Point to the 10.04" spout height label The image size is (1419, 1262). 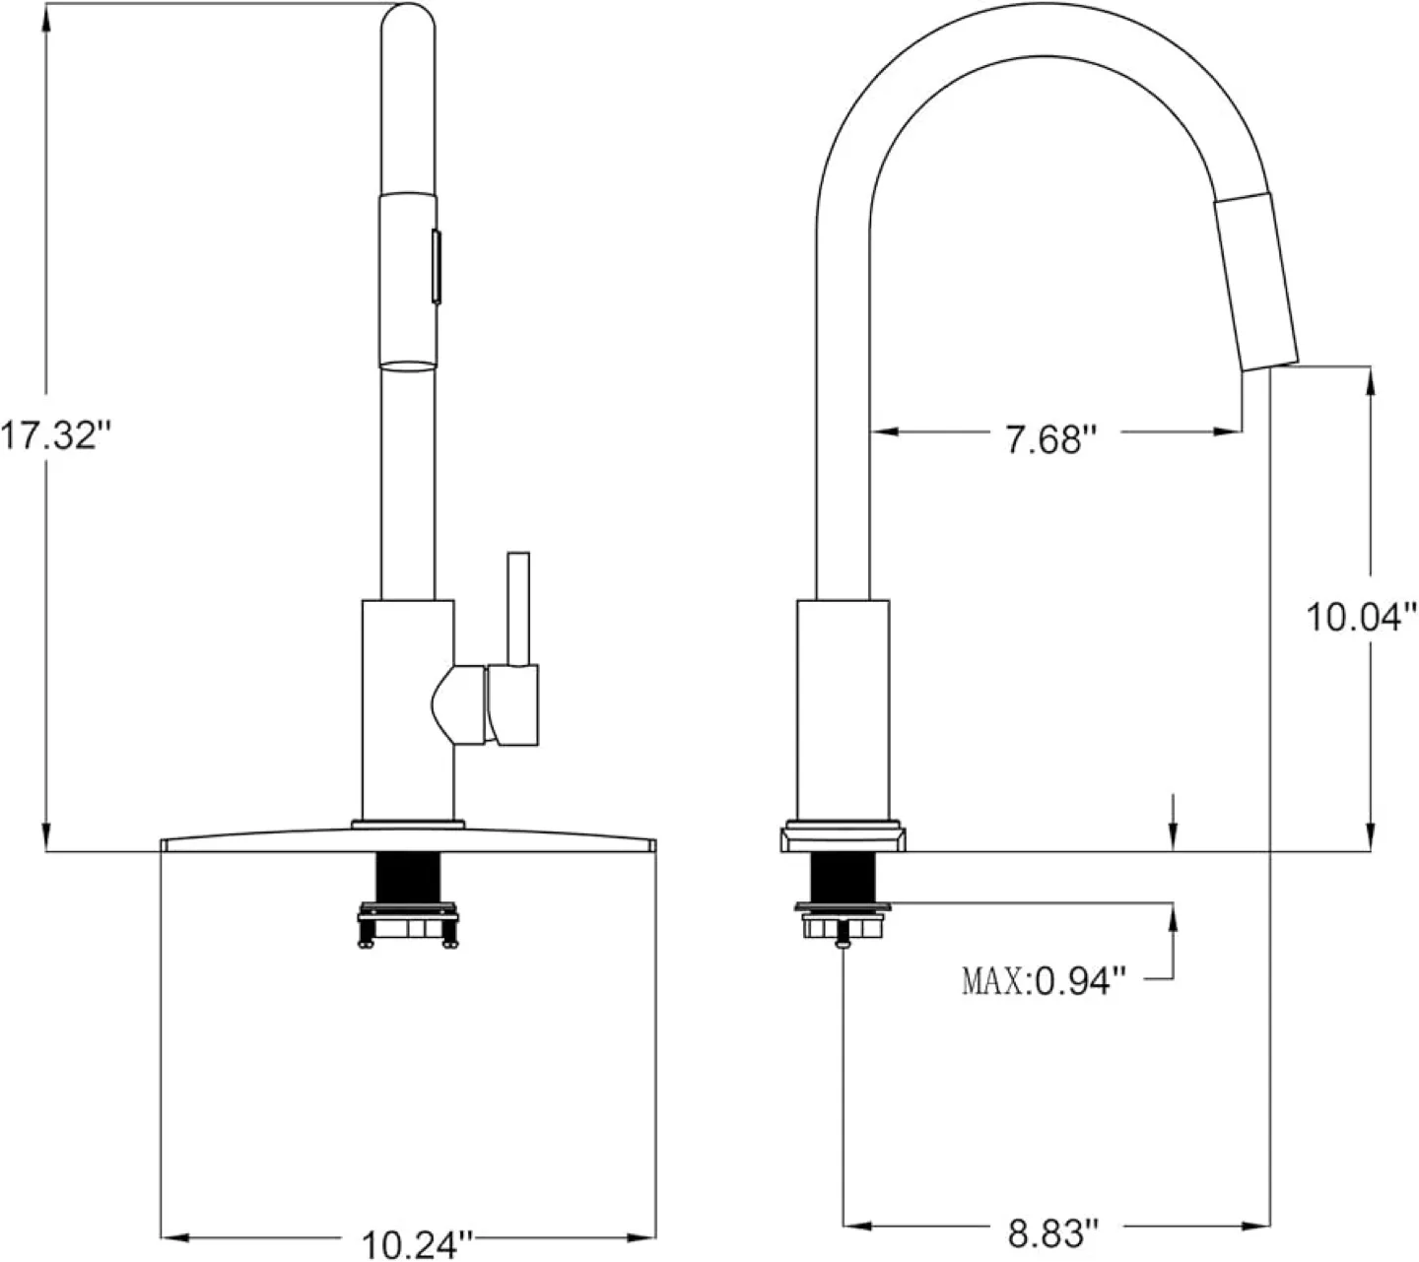1361,618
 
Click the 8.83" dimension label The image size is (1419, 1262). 1052,1231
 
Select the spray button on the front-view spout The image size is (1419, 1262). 435,264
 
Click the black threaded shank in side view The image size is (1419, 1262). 841,876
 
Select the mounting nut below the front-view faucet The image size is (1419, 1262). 408,927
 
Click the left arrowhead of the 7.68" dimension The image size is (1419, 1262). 880,432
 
